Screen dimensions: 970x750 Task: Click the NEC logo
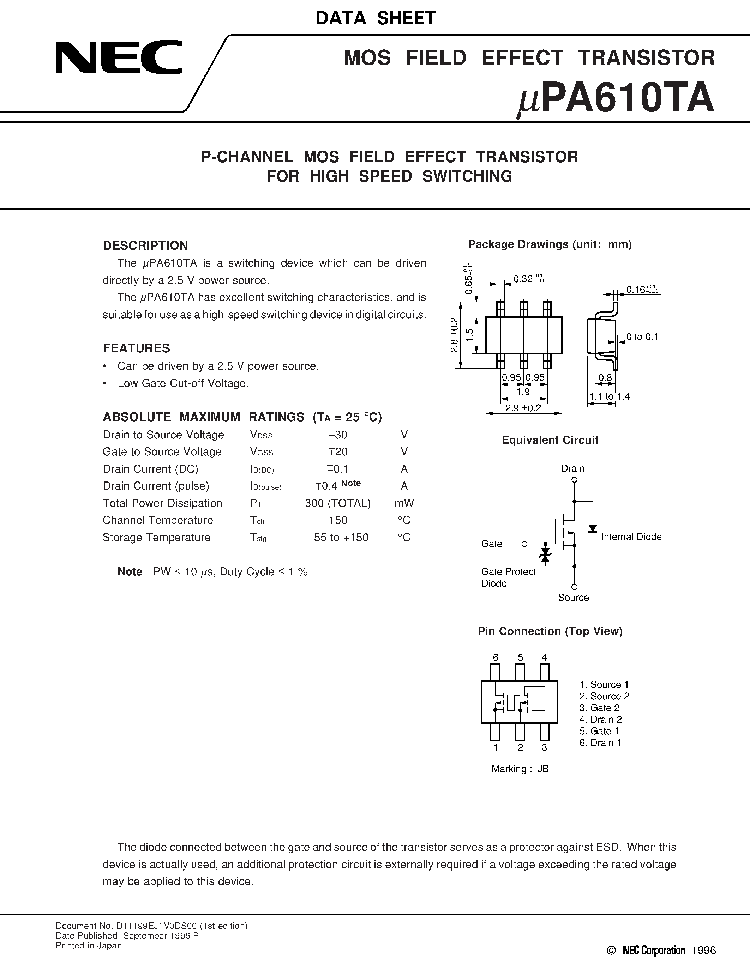pyautogui.click(x=119, y=58)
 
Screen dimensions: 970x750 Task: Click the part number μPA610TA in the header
pyautogui.click(x=616, y=99)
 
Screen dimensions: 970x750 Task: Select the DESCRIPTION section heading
pyautogui.click(x=145, y=245)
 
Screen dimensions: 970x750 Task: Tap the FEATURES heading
pyautogui.click(x=136, y=348)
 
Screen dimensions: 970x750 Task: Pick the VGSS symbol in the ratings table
pyautogui.click(x=261, y=452)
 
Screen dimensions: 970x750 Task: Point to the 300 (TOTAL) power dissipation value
pyautogui.click(x=338, y=503)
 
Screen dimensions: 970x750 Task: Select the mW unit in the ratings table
pyautogui.click(x=404, y=503)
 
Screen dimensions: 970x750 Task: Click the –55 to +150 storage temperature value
pyautogui.click(x=338, y=538)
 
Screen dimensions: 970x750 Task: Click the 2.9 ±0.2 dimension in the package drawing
pyautogui.click(x=523, y=408)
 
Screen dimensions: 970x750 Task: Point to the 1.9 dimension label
pyautogui.click(x=523, y=392)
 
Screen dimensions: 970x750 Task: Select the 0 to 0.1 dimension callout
pyautogui.click(x=642, y=337)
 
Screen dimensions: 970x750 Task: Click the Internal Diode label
pyautogui.click(x=631, y=537)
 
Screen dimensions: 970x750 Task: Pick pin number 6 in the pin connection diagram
pyautogui.click(x=496, y=658)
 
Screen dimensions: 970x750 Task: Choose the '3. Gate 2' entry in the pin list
pyautogui.click(x=599, y=708)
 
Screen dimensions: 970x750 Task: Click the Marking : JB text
pyautogui.click(x=520, y=769)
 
